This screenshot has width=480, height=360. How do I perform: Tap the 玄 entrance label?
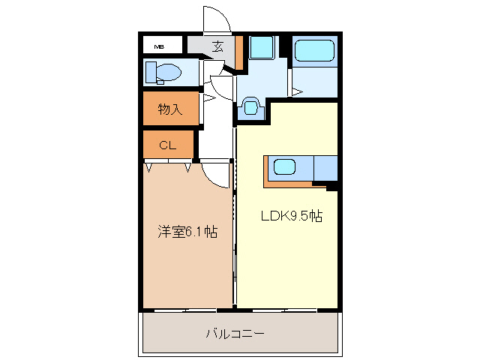click(217, 46)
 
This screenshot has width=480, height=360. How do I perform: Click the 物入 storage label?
click(170, 109)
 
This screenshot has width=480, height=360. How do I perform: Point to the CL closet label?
click(168, 145)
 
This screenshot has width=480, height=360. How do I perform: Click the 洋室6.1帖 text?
click(187, 232)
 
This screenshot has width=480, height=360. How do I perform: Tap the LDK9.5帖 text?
click(291, 216)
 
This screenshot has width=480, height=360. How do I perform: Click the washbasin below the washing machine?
click(250, 108)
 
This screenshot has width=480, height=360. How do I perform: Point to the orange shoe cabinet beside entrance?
click(238, 51)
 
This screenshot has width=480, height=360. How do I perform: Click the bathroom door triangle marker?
click(297, 92)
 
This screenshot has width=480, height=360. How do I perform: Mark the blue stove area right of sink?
click(325, 168)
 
